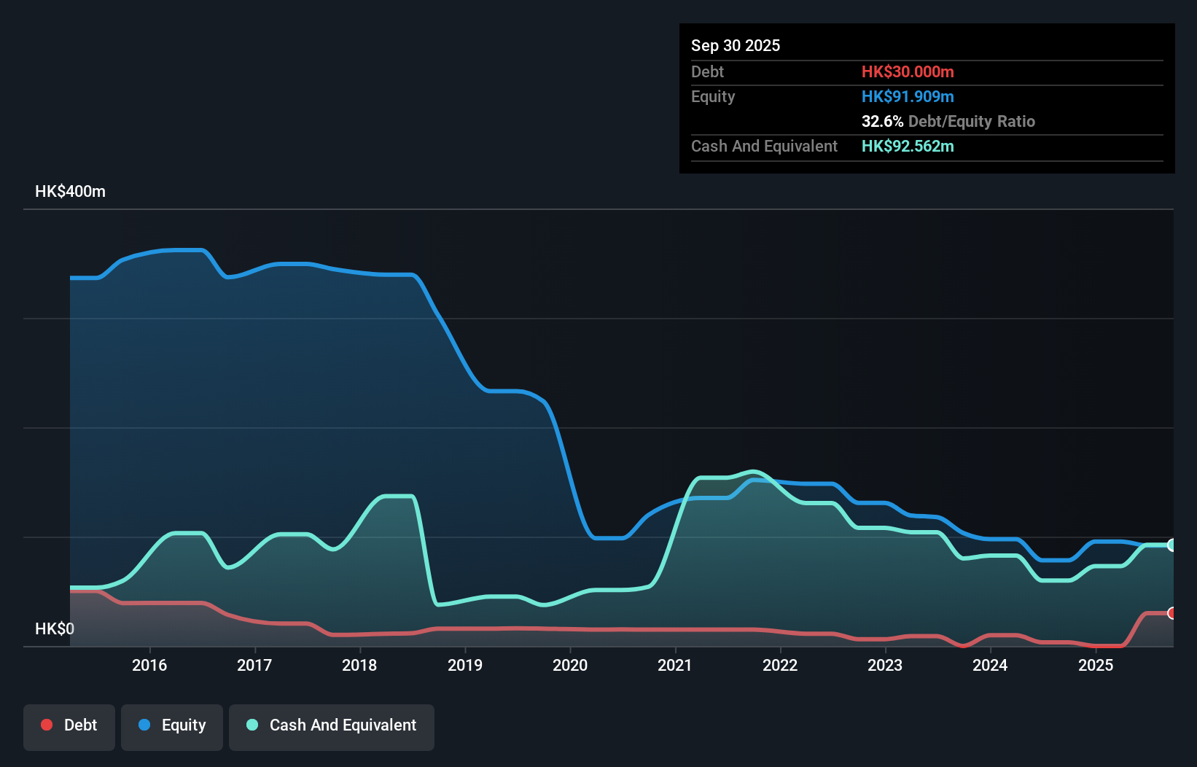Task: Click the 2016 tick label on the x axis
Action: click(149, 665)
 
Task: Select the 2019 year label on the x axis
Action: click(465, 665)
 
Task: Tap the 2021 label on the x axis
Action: click(675, 665)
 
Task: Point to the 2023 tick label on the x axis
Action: click(885, 665)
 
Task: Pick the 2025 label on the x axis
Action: click(1096, 665)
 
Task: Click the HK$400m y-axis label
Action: click(70, 191)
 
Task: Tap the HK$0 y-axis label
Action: click(54, 628)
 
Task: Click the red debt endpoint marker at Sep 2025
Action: click(1172, 613)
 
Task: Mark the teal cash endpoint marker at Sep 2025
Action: click(1172, 545)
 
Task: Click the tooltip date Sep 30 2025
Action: click(735, 45)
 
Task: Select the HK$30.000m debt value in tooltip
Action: click(908, 71)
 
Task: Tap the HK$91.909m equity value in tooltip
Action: click(908, 96)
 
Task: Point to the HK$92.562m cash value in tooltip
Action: click(908, 146)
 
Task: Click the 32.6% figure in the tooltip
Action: click(882, 121)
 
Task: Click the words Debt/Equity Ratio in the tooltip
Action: click(972, 121)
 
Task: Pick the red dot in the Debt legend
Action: click(47, 725)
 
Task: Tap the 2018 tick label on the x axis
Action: click(359, 665)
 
